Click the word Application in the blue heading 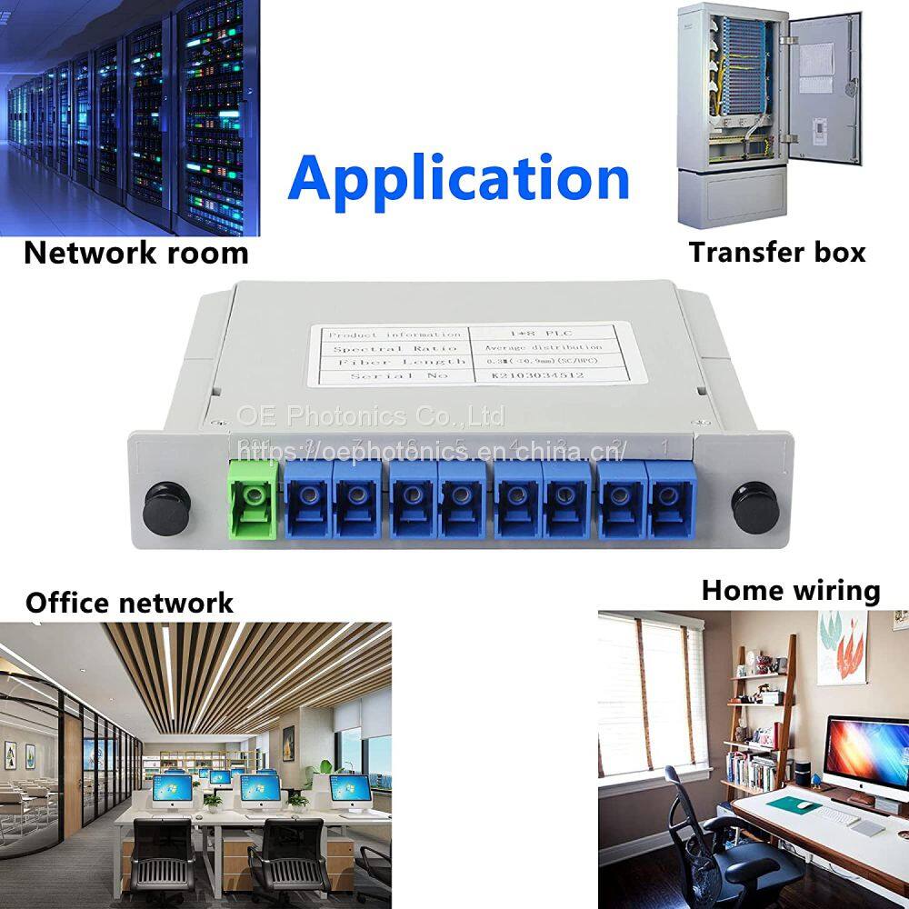[x=458, y=178]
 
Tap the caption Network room [x=135, y=252]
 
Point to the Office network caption [x=129, y=602]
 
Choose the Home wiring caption [x=790, y=591]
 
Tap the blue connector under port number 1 [x=668, y=498]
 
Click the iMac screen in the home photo [x=866, y=754]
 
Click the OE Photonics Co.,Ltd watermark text [x=370, y=416]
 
